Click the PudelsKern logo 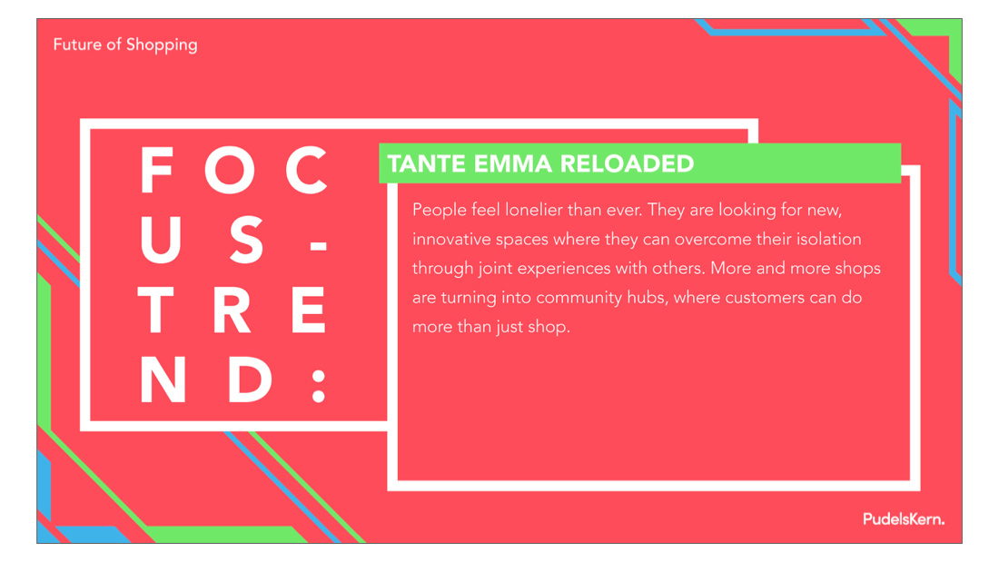904,519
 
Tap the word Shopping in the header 162,45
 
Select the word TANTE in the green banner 427,163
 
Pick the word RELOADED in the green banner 627,163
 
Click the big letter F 157,170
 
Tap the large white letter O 230,170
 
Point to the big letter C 306,170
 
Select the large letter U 161,241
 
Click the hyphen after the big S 319,245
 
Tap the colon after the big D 319,386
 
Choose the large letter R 232,311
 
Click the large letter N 163,380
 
